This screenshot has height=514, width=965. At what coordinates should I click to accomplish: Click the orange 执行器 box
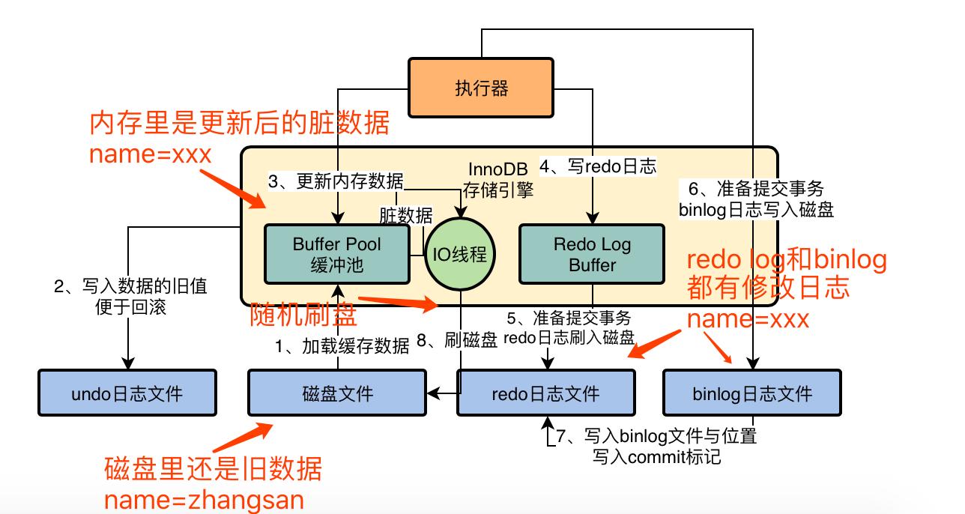point(481,88)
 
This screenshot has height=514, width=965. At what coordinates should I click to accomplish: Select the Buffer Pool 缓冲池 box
point(337,254)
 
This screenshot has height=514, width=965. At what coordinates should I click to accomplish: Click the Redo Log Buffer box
point(592,254)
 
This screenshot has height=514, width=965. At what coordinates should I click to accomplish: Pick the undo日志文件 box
point(127,393)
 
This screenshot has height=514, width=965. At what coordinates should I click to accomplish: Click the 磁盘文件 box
point(337,393)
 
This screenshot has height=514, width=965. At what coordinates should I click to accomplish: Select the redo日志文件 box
point(546,393)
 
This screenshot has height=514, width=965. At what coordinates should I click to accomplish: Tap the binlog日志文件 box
point(751,393)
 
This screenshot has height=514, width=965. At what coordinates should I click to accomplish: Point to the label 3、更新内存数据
point(336,181)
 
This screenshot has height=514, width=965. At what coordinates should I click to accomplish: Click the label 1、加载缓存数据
point(342,346)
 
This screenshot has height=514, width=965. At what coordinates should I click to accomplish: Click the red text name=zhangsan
point(204,500)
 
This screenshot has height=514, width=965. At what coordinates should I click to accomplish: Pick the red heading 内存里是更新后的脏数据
point(240,124)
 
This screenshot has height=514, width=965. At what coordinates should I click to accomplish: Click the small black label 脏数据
point(406,216)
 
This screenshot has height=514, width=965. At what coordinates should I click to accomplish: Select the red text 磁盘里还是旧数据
point(214,469)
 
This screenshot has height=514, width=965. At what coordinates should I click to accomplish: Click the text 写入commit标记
point(656,455)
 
